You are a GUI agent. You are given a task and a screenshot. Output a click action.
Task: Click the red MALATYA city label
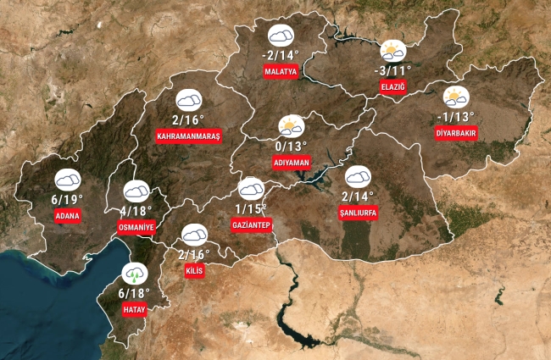point(281,72)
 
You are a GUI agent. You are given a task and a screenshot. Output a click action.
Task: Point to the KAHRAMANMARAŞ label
point(188,136)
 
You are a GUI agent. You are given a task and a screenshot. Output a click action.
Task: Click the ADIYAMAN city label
point(292,161)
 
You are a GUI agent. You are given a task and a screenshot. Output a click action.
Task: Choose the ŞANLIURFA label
point(358,213)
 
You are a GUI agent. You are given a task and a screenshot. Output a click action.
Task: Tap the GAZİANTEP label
point(251,224)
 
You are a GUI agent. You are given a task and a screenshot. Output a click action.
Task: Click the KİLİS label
point(194,271)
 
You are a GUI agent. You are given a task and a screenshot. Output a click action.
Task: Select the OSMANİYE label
point(136,227)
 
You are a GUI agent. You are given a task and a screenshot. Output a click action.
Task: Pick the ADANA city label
point(67,216)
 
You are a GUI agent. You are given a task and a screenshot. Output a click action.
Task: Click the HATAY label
point(134,310)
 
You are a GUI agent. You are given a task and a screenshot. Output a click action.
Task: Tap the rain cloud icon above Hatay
point(134,274)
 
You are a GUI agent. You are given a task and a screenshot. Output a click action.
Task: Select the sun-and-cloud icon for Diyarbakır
point(456,97)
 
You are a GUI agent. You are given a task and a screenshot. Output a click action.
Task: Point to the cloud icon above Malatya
point(281,36)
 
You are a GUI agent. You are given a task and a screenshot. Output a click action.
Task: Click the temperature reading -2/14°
point(281,56)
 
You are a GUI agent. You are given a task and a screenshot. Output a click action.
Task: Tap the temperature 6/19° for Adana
point(67,199)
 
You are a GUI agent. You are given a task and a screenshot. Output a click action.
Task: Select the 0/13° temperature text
point(292,145)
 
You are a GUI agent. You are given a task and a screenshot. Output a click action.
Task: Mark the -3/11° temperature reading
point(392,69)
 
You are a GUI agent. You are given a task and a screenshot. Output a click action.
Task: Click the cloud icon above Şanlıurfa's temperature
point(358,176)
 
